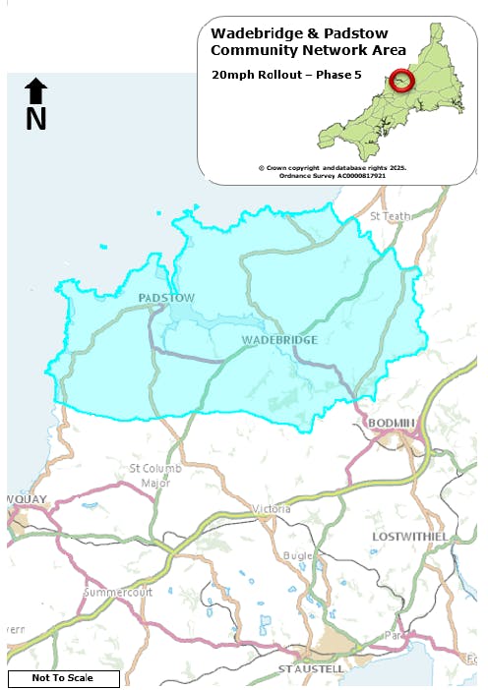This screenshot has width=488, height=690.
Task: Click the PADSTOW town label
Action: pos(166,297)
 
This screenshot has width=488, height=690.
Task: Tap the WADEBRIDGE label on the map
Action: pos(279,339)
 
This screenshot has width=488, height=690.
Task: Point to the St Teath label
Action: pos(391,215)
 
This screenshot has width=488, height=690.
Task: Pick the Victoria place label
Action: pos(273,509)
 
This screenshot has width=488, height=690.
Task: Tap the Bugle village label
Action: pos(298,555)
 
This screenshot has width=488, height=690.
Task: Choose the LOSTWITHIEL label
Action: pos(411,536)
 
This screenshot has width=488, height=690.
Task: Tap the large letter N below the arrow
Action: pos(36,119)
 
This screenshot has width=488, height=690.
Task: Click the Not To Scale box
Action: pos(63,678)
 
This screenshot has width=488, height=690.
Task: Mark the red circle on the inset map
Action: pos(401,80)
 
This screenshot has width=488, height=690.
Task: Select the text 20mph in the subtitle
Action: pos(232,74)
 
